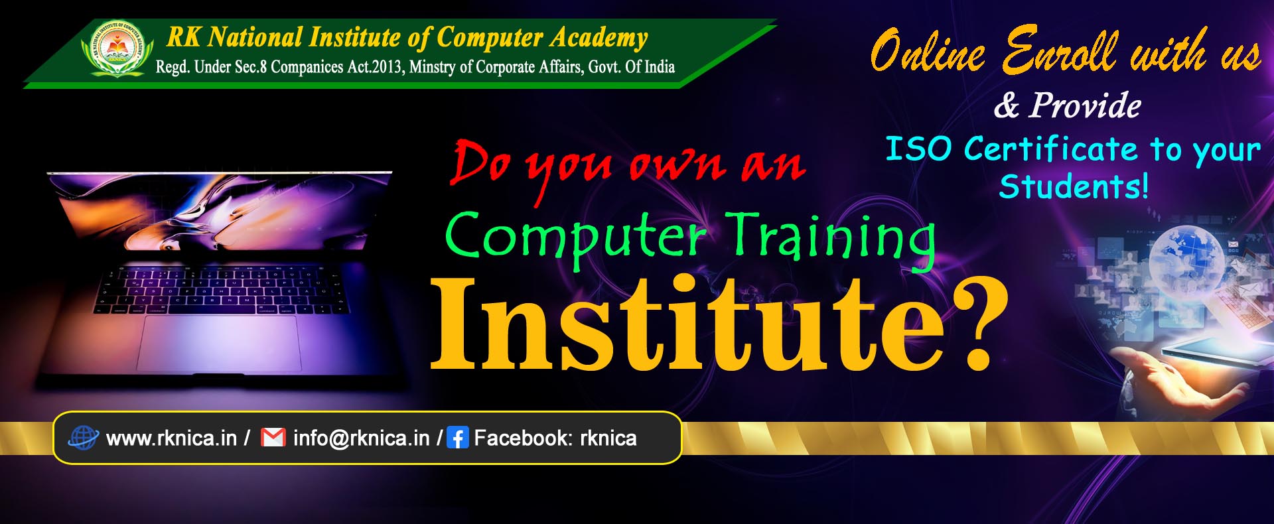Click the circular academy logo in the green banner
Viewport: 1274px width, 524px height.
tap(117, 47)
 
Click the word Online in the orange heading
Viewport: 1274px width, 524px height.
tap(928, 50)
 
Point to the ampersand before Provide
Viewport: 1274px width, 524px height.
tap(1006, 105)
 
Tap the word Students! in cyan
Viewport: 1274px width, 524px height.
tap(1074, 186)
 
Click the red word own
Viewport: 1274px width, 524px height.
tap(676, 166)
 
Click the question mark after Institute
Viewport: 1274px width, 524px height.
tap(976, 323)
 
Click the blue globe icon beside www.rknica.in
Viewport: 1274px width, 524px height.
tap(84, 438)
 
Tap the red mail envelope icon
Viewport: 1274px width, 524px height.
tap(273, 438)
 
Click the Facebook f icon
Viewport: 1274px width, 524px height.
tap(458, 438)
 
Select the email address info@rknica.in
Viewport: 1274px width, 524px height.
tap(362, 438)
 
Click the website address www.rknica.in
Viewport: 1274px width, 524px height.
tap(171, 438)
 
